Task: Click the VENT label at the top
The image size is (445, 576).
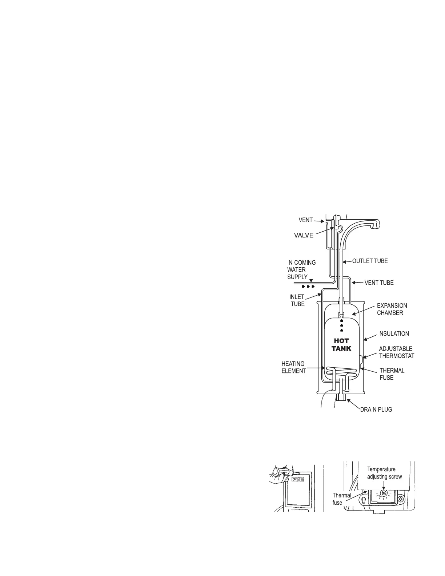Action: (x=306, y=220)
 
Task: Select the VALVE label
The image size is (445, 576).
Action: (x=303, y=235)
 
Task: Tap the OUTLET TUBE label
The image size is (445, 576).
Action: (x=370, y=261)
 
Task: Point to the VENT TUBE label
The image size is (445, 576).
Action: (x=379, y=283)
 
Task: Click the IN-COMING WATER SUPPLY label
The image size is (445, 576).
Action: (x=301, y=270)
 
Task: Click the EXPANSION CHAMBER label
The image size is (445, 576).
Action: (x=392, y=309)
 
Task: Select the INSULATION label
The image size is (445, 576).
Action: (x=393, y=333)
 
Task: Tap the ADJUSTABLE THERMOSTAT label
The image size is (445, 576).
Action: (x=396, y=352)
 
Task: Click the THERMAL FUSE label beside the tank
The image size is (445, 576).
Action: (x=392, y=374)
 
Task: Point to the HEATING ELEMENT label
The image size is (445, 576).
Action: (x=293, y=367)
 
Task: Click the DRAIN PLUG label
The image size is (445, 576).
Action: (x=376, y=409)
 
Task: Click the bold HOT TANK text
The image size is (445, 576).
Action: (x=341, y=345)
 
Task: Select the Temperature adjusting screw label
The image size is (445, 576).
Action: (x=384, y=473)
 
